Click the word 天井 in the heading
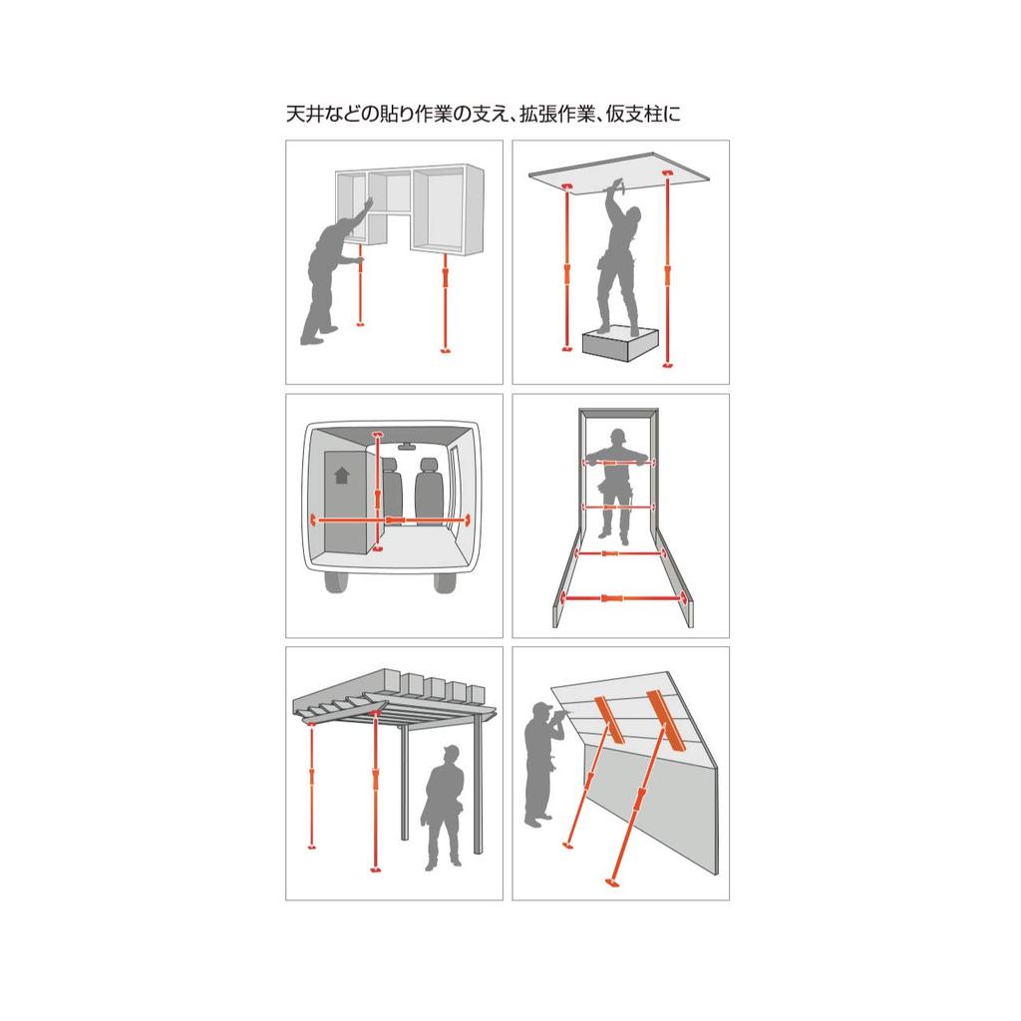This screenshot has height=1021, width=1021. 302,115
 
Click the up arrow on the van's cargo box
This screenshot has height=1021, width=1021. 342,476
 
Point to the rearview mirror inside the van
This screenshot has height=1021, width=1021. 407,447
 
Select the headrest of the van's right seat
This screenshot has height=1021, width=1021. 430,467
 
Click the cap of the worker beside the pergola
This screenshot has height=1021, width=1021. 450,752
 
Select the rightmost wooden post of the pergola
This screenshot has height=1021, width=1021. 478,788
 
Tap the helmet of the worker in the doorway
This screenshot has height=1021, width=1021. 618,435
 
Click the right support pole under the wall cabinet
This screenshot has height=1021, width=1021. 444,304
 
